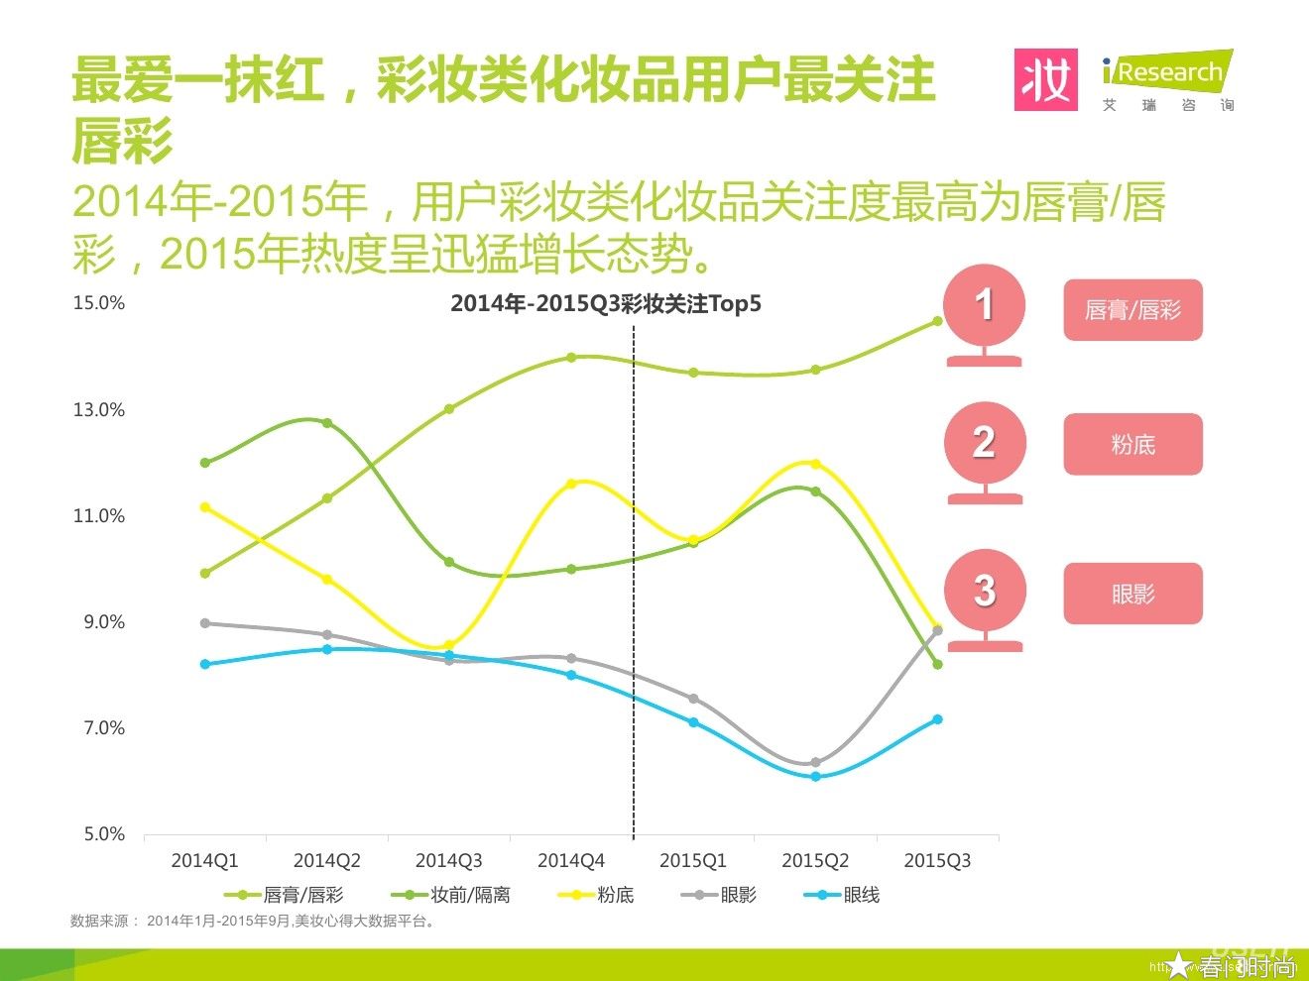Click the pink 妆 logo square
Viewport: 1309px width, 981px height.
pos(1045,80)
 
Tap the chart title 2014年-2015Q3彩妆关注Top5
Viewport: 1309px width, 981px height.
pos(605,304)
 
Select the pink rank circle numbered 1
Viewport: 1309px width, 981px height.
pos(984,305)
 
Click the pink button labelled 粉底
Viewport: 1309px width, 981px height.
pos(1132,445)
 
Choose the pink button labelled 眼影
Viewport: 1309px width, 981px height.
pos(1132,594)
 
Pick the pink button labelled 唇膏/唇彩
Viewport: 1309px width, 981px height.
pos(1132,310)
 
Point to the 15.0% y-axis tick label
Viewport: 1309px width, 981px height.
pos(99,303)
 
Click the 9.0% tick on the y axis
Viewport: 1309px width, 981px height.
pos(103,622)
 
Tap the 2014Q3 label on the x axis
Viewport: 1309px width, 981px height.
pos(448,861)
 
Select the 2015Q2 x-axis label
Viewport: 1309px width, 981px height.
pos(815,861)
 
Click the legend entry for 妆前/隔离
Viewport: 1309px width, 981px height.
pos(451,895)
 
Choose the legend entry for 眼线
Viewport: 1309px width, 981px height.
pos(843,895)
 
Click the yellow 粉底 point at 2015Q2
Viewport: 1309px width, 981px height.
pos(815,464)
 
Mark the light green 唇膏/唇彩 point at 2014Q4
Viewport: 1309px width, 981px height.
pos(571,358)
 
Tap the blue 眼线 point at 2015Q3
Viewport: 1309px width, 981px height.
pos(937,719)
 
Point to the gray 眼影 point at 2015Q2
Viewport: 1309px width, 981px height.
pos(815,762)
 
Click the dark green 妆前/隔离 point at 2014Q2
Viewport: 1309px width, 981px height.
pos(327,423)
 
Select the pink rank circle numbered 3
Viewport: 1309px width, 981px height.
pos(984,591)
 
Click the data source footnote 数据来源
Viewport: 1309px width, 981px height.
pos(253,921)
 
